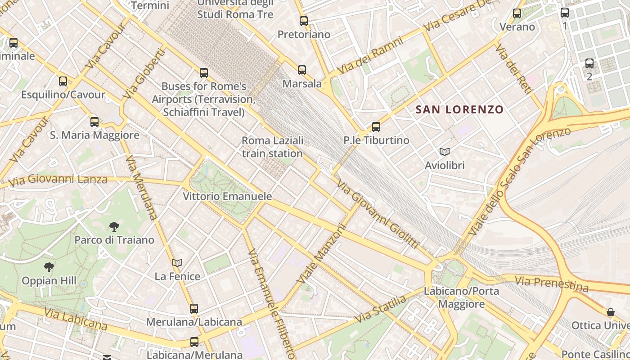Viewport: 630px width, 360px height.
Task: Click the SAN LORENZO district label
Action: [459, 109]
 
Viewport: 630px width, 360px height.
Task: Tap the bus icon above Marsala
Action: [301, 70]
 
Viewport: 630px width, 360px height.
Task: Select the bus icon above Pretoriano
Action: [304, 21]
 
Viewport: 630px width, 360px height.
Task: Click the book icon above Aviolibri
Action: [445, 152]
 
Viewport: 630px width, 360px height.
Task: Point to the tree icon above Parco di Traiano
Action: [114, 226]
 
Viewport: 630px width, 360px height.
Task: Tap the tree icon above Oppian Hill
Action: [49, 267]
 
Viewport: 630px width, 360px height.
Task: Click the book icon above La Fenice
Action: [177, 263]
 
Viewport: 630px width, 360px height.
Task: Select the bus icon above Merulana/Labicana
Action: [194, 309]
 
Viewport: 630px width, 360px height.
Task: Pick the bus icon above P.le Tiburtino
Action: [376, 126]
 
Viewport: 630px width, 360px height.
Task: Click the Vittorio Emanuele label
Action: [227, 196]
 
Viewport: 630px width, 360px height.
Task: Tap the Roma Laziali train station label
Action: [273, 147]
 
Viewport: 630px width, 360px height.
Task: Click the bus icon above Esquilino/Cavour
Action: [63, 81]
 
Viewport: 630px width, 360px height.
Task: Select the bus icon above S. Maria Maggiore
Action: [94, 121]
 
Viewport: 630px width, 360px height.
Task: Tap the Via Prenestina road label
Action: [552, 284]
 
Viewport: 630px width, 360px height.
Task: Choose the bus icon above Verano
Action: [517, 13]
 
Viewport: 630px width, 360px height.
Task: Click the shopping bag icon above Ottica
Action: [611, 312]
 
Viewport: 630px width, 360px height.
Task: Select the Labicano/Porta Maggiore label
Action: [461, 297]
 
